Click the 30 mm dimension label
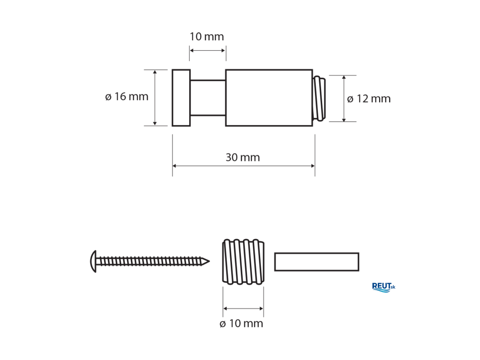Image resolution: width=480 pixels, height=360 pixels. click(243, 157)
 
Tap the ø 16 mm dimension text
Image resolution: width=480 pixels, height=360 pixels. click(127, 97)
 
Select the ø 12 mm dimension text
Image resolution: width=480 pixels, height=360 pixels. click(369, 99)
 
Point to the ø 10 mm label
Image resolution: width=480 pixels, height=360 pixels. click(241, 323)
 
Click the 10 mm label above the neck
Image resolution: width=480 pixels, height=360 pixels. click(207, 37)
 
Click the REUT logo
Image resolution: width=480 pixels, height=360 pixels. click(383, 287)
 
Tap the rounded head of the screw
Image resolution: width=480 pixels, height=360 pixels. click(93, 262)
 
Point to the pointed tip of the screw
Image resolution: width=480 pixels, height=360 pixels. click(209, 262)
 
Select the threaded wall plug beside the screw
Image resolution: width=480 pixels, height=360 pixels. click(243, 262)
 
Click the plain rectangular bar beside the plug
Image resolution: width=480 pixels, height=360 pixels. click(316, 262)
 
